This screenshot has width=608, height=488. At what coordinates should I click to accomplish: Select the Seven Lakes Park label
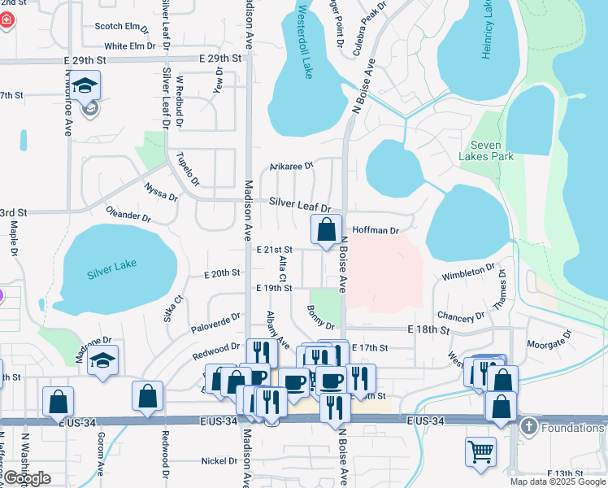tap(486, 150)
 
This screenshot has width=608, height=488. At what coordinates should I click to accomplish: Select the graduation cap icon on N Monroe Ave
tap(85, 88)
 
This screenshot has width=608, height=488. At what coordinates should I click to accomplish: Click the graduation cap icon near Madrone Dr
tap(103, 360)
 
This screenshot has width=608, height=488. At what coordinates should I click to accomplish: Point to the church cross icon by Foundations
tap(528, 427)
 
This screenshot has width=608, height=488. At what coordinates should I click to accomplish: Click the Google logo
tap(26, 479)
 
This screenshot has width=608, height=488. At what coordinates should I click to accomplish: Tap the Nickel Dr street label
tap(219, 461)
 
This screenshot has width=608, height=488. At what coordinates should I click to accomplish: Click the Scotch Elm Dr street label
tap(122, 27)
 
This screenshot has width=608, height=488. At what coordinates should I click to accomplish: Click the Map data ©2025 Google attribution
tap(557, 481)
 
